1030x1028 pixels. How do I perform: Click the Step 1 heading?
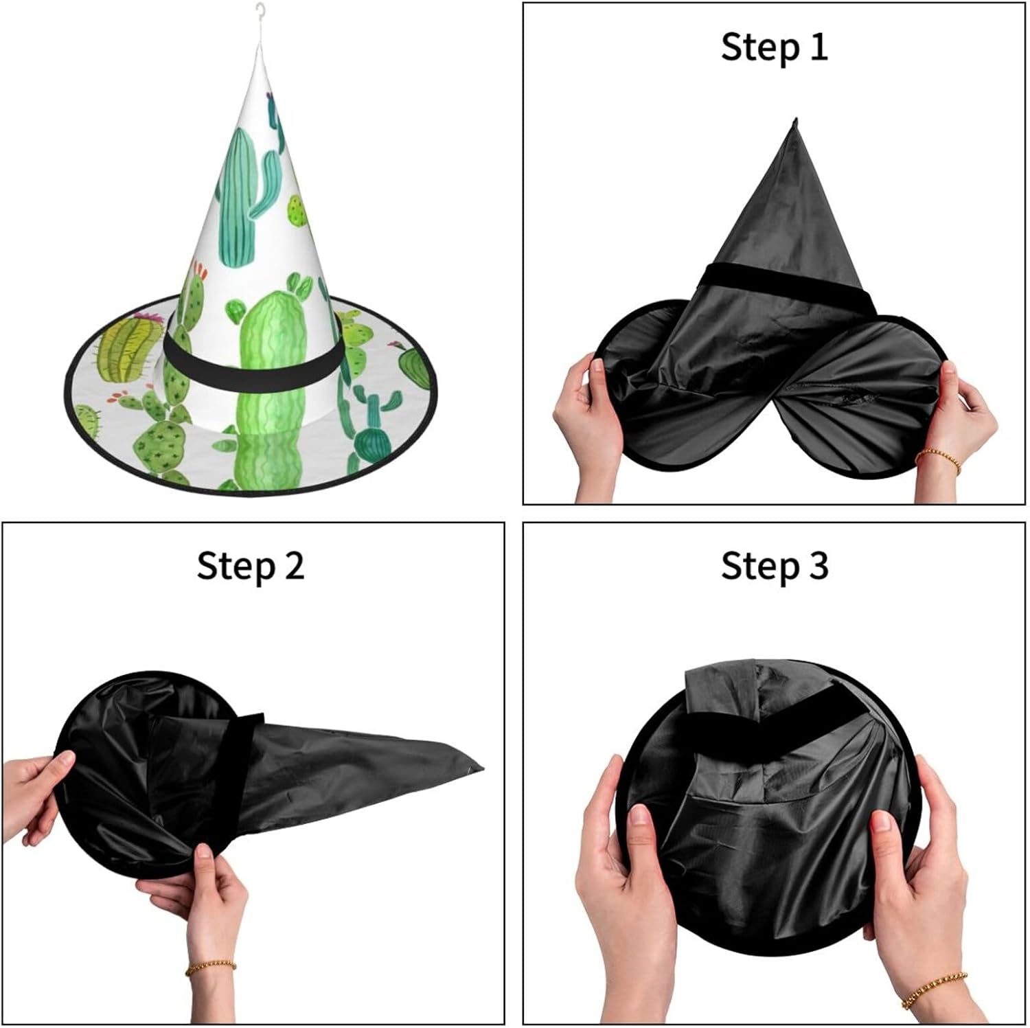tap(774, 47)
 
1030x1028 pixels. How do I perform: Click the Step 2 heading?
tap(250, 567)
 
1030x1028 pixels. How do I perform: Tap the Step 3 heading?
tap(775, 567)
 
